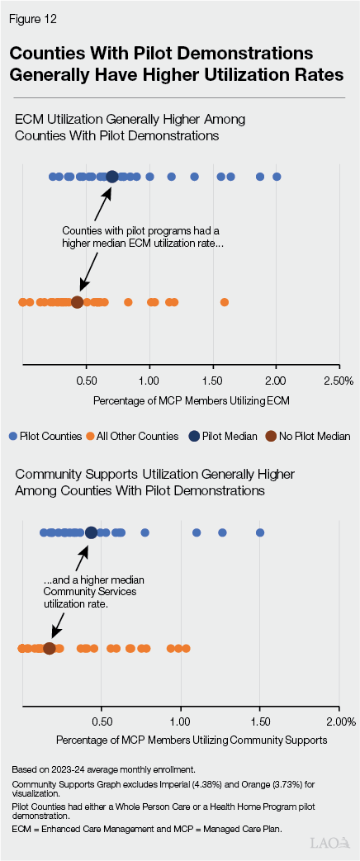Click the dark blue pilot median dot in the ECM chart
tap(112, 177)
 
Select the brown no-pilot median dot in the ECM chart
tap(77, 302)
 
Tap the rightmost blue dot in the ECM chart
tap(277, 177)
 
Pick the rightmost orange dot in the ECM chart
tap(225, 302)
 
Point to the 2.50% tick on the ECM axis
tap(339, 380)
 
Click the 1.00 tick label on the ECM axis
tap(149, 380)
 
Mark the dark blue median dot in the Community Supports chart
tap(91, 532)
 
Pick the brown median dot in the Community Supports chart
tap(49, 649)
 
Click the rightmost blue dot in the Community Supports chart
tap(260, 532)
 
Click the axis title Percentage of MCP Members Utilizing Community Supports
tap(192, 740)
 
